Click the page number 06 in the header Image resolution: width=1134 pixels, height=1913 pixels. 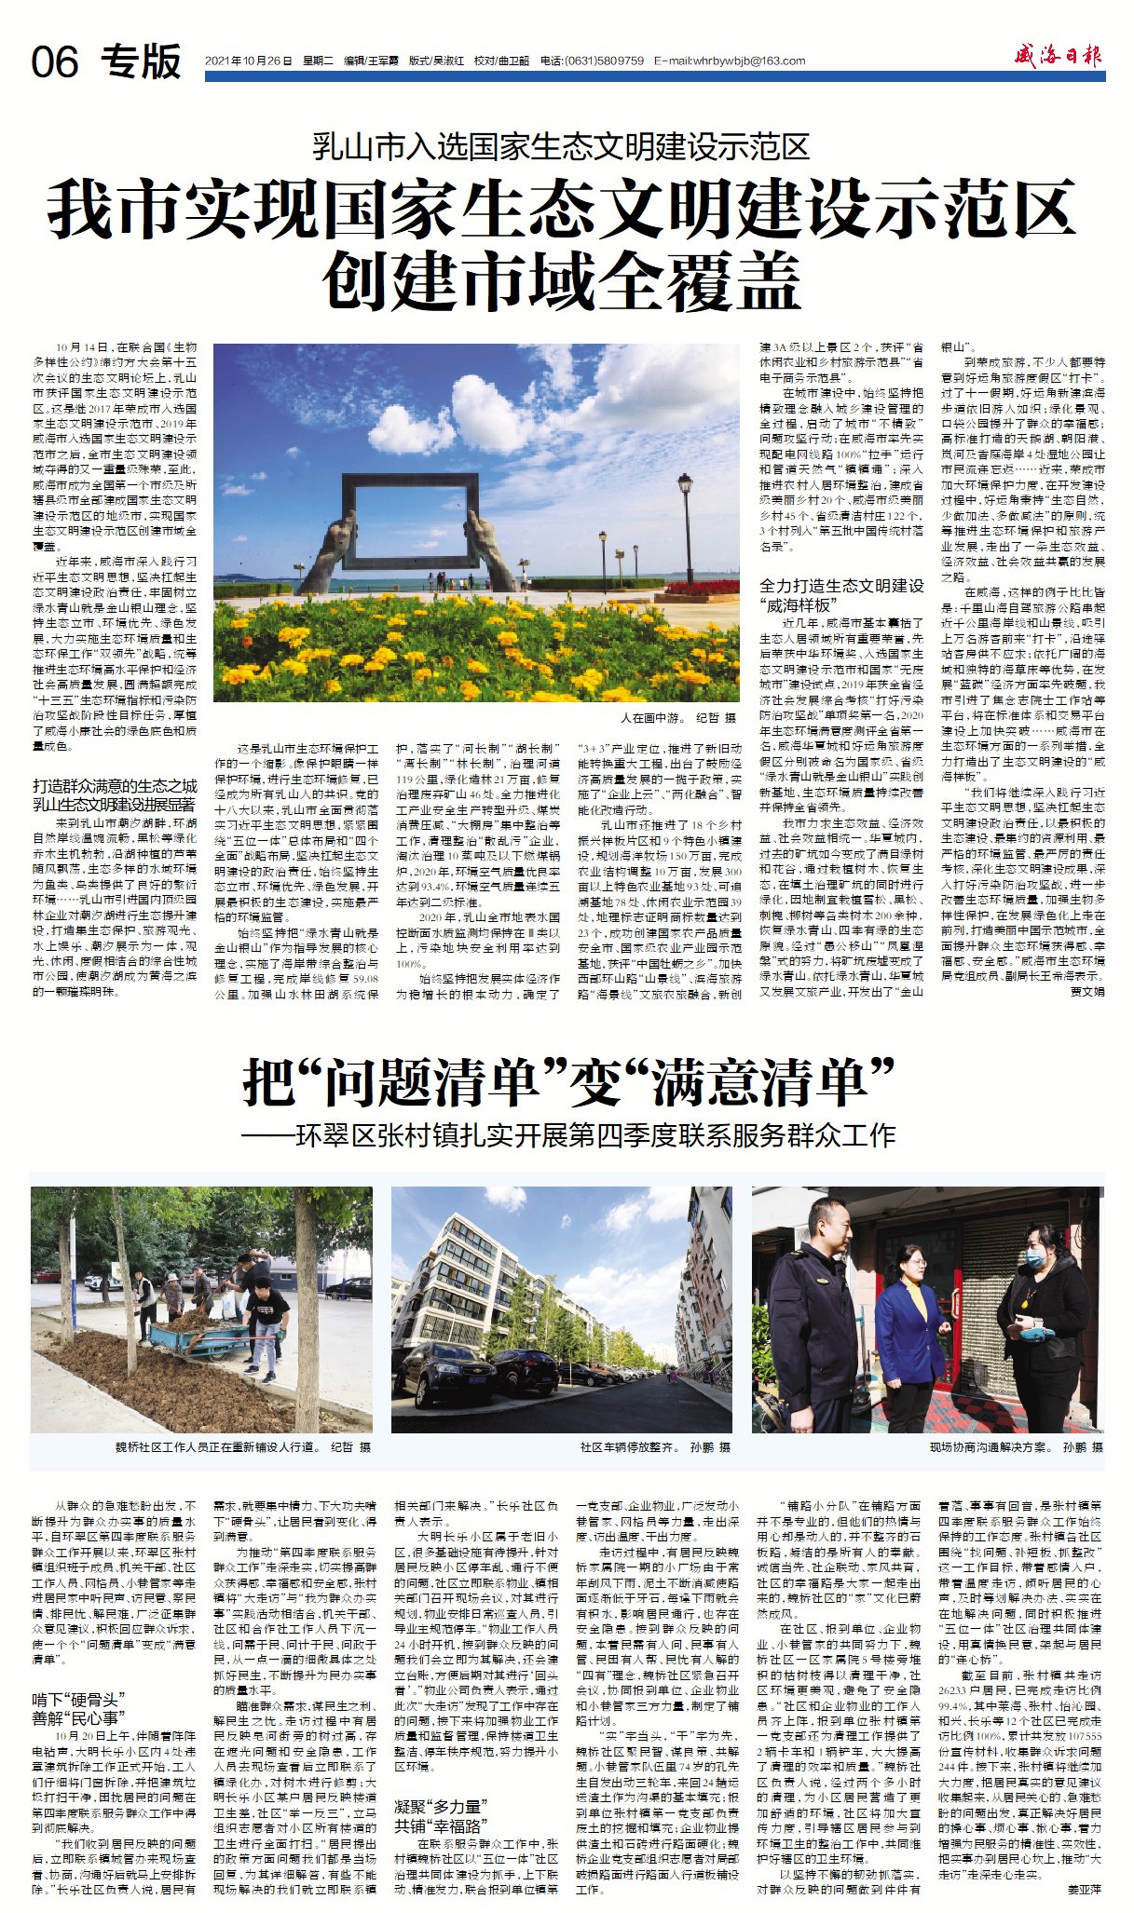pyautogui.click(x=55, y=62)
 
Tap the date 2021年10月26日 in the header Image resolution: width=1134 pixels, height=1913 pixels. pyautogui.click(x=248, y=61)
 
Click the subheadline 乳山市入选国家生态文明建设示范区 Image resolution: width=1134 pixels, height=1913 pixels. pyautogui.click(x=560, y=147)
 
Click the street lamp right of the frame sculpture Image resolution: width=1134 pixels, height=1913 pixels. pyautogui.click(x=685, y=522)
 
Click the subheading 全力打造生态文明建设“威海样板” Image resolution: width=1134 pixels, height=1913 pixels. pyautogui.click(x=841, y=594)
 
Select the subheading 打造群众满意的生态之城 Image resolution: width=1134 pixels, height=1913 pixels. pyautogui.click(x=115, y=785)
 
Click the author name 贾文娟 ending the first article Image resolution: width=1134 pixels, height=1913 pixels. pyautogui.click(x=1087, y=992)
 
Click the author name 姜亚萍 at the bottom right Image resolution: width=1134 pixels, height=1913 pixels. pyautogui.click(x=1085, y=1890)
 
